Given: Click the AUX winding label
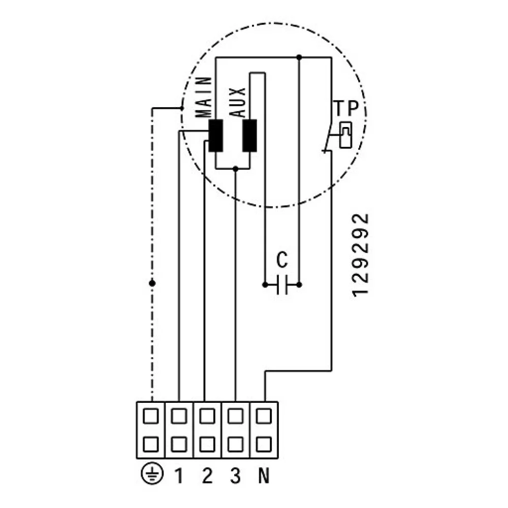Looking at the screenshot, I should click(239, 102).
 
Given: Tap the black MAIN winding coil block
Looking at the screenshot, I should click(216, 136).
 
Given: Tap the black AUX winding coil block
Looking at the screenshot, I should click(249, 136).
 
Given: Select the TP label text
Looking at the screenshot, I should click(346, 108).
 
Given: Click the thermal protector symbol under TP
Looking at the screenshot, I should click(345, 135).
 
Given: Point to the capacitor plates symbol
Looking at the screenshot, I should click(282, 285).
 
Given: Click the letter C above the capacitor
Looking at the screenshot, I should click(282, 260).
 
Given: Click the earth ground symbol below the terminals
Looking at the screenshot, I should click(151, 475).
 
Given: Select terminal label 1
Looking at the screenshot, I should click(179, 476).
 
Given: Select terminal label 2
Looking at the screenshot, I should click(206, 476).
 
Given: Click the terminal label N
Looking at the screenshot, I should click(264, 476).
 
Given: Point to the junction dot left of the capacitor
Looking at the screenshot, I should click(265, 285).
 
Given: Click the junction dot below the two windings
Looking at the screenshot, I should click(235, 168).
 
